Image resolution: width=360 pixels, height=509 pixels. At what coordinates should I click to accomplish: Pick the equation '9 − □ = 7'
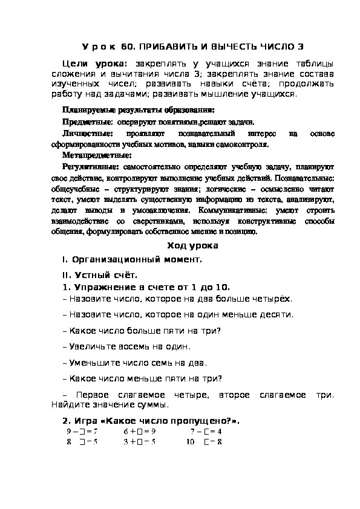click(x=82, y=432)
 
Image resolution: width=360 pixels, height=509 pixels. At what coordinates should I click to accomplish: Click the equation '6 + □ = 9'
click(x=140, y=432)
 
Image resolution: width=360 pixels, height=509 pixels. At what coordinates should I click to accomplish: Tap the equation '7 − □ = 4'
click(x=206, y=432)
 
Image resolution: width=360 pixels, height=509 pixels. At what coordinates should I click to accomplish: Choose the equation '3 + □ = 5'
click(x=140, y=442)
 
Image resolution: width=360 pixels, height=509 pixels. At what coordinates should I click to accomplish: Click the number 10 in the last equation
click(x=190, y=442)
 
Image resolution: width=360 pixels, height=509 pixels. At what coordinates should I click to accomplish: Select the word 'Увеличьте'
click(x=93, y=346)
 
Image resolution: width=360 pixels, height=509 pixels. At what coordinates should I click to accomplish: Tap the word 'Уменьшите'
click(x=94, y=363)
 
